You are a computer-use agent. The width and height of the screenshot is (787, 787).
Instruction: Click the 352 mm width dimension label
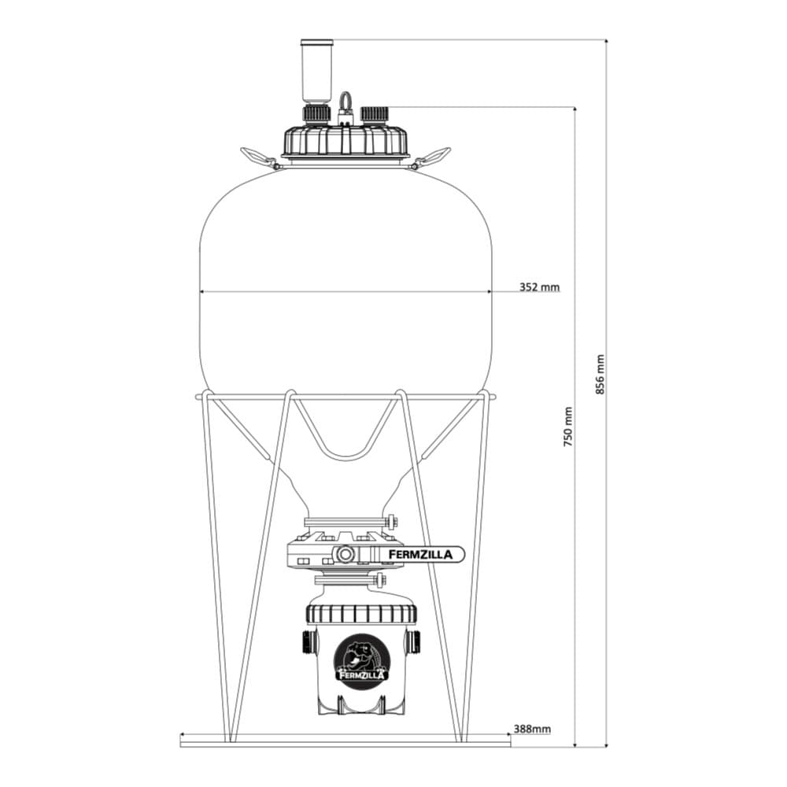click(x=539, y=287)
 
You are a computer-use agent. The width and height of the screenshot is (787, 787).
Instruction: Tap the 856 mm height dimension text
click(x=600, y=375)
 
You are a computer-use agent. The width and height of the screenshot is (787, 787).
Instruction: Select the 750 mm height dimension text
click(x=568, y=427)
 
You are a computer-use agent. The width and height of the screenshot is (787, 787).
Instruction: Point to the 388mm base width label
click(x=532, y=729)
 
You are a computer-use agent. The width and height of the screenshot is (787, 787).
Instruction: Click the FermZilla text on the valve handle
click(x=420, y=555)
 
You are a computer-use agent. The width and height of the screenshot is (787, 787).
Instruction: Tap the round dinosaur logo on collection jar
click(x=361, y=657)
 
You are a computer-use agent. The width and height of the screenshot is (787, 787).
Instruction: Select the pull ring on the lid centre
click(x=345, y=102)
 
